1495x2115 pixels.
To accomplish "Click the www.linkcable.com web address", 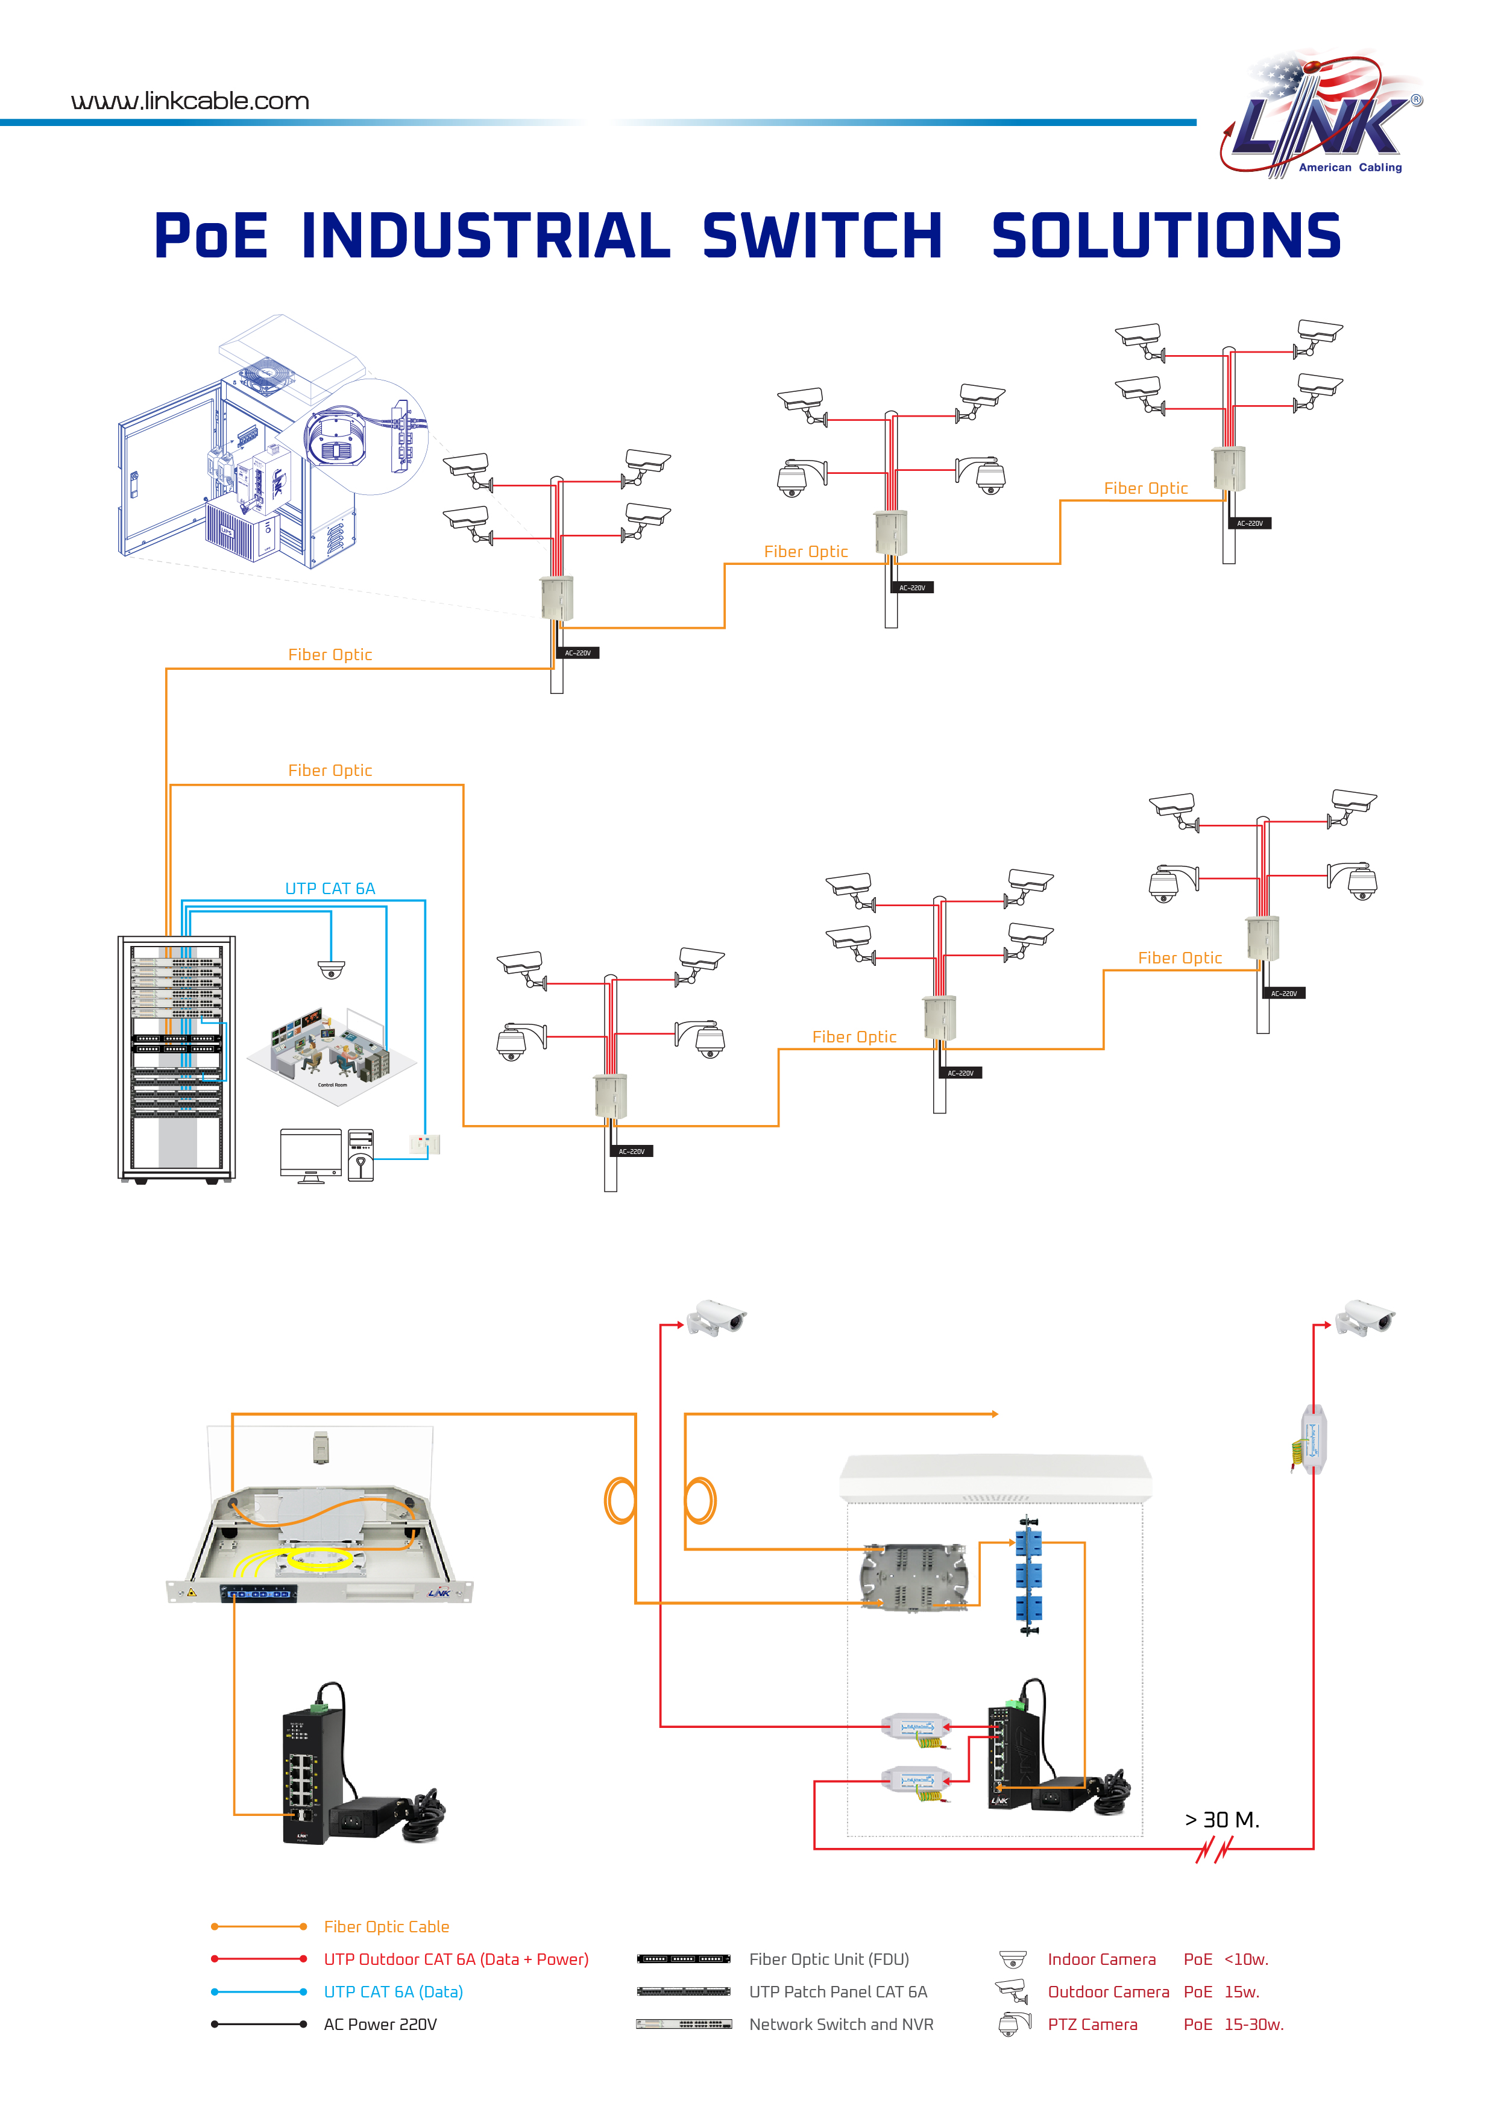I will (x=190, y=101).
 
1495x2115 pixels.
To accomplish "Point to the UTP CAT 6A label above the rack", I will (x=330, y=888).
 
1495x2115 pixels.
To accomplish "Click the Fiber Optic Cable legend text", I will (x=386, y=1926).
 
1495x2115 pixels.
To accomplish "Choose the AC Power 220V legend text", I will (x=380, y=2024).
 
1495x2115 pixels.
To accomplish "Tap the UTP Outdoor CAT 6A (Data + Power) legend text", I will (x=456, y=1958).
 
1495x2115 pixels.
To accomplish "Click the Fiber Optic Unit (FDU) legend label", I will (x=828, y=1958).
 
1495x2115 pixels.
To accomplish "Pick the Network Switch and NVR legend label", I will (x=841, y=2024).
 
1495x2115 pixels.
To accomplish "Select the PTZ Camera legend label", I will (x=1092, y=2024).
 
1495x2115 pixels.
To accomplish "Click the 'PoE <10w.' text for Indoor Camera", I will (x=1225, y=1958).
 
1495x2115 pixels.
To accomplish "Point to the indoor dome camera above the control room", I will (x=331, y=968).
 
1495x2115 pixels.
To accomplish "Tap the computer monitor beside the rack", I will (x=310, y=1153).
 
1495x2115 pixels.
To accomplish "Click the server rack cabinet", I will (x=177, y=1059).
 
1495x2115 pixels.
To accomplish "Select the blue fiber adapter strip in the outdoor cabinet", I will (x=1027, y=1575).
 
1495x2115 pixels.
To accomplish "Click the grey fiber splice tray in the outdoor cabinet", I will (x=914, y=1578).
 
